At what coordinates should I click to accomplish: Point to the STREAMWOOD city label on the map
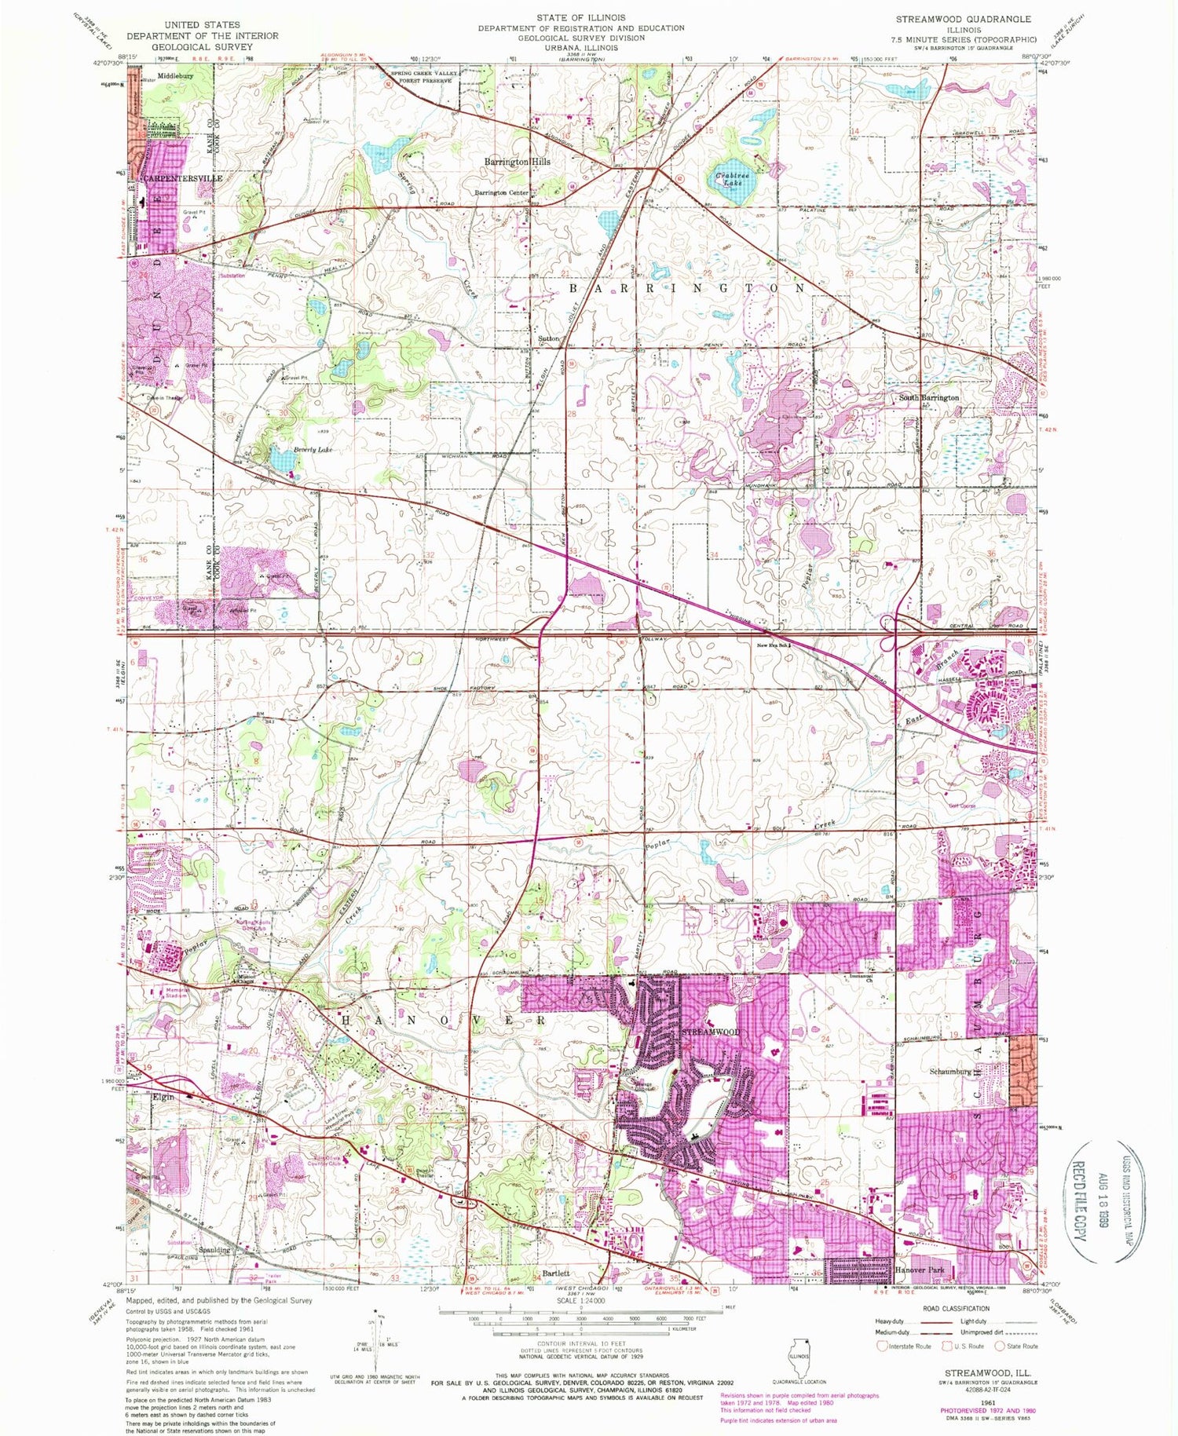click(710, 1032)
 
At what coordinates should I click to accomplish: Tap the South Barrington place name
click(928, 398)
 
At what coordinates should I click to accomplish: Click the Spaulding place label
click(214, 1249)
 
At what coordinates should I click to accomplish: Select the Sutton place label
click(548, 338)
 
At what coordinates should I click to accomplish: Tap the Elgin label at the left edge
click(163, 1097)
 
